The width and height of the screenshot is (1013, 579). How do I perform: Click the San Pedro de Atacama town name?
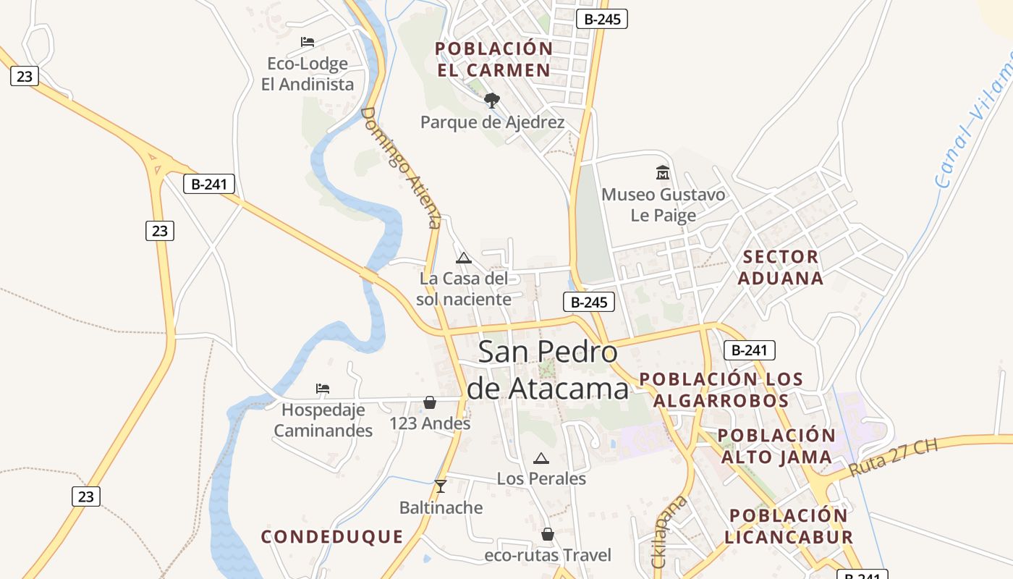(548, 371)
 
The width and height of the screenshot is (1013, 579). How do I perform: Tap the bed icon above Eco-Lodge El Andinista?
(308, 42)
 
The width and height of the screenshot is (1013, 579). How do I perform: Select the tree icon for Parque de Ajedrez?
(492, 100)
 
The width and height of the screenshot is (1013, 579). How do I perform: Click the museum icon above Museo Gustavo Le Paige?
(662, 172)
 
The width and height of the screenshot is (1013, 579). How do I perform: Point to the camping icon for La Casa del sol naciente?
(464, 258)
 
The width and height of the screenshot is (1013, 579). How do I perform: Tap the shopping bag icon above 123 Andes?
(430, 402)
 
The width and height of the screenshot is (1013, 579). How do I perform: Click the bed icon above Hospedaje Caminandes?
(323, 389)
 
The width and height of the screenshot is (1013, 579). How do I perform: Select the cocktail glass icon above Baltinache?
(441, 486)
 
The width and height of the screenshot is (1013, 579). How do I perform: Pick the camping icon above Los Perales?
(541, 458)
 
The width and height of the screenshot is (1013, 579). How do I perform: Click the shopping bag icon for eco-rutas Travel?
(548, 534)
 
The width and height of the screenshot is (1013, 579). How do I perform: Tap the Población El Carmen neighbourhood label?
(493, 59)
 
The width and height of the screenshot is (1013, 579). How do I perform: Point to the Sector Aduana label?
(781, 267)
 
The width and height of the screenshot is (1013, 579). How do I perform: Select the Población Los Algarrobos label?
(721, 389)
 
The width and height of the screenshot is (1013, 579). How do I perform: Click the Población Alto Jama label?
(776, 446)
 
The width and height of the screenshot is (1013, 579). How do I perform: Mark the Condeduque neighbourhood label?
(332, 536)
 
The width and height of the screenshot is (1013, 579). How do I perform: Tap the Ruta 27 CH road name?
(894, 457)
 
